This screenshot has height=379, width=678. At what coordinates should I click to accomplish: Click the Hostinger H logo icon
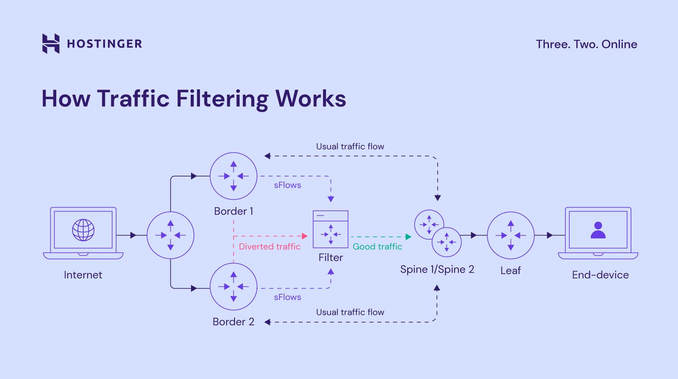(51, 44)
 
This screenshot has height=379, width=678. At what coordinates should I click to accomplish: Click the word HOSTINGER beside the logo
(104, 44)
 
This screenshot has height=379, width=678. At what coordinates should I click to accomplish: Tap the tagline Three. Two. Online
(586, 44)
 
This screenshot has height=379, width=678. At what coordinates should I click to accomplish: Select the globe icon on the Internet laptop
(83, 230)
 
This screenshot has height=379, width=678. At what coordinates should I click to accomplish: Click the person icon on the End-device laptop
(598, 230)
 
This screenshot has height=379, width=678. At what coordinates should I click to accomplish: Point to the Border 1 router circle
(233, 176)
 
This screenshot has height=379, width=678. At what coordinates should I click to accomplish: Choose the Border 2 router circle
(233, 287)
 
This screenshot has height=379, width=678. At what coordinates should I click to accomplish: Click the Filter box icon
(330, 229)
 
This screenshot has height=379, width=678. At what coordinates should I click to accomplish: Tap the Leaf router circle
(510, 235)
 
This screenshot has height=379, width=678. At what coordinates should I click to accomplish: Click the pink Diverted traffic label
(270, 246)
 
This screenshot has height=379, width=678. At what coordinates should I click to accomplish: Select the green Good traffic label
(377, 246)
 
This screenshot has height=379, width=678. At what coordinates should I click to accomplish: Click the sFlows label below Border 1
(287, 185)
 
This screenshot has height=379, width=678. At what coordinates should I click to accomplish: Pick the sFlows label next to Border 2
(287, 297)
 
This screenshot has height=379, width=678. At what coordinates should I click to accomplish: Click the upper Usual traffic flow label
(350, 147)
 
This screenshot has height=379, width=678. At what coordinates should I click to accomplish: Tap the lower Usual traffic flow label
(350, 312)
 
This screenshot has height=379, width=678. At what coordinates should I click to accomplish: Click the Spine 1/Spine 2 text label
(437, 269)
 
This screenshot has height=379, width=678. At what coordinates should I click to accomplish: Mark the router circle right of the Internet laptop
(170, 235)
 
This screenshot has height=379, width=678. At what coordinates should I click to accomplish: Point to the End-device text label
(600, 275)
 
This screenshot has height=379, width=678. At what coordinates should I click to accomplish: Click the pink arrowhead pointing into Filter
(305, 236)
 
